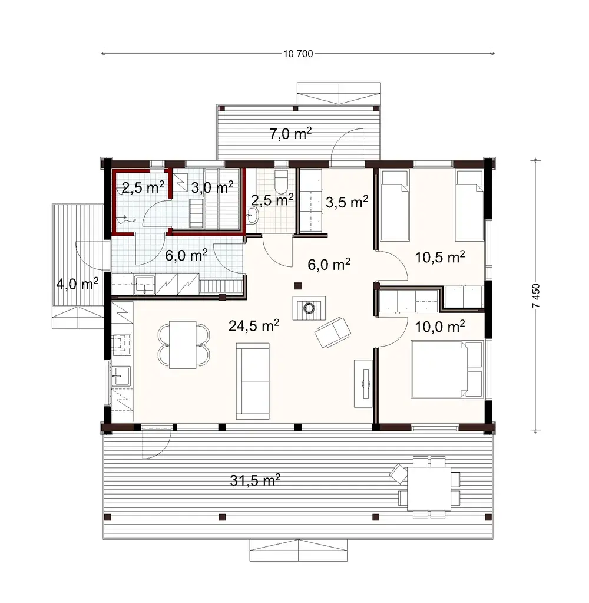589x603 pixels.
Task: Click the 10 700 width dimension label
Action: [298, 54]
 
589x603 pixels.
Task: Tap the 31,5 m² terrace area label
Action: [254, 480]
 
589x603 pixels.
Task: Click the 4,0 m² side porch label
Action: [77, 284]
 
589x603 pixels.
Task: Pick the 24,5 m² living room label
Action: [254, 325]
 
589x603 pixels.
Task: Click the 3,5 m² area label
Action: [346, 202]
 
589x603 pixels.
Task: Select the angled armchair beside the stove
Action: [331, 332]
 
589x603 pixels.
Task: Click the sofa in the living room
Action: [252, 380]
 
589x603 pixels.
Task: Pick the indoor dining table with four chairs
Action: [183, 344]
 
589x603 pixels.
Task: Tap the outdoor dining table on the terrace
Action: [428, 485]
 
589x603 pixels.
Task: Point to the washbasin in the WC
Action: [253, 216]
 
